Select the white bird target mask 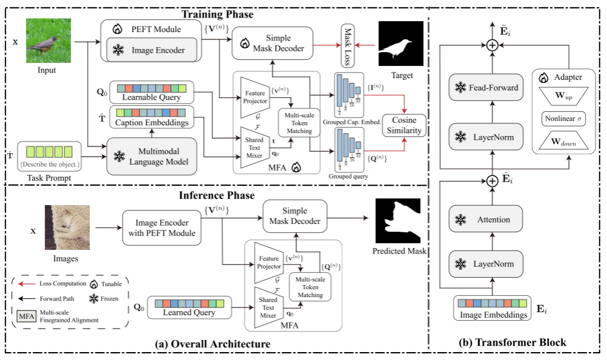coord(400,44)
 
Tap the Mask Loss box coord(347,46)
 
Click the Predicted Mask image coord(399,221)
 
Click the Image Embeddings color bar coord(493,303)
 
